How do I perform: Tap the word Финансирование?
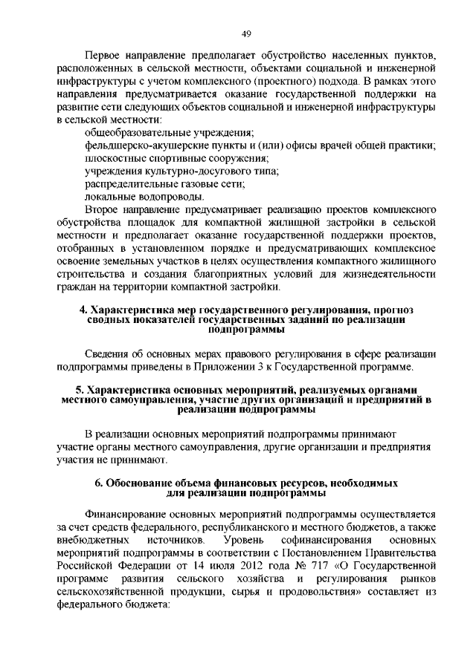(x=126, y=513)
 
